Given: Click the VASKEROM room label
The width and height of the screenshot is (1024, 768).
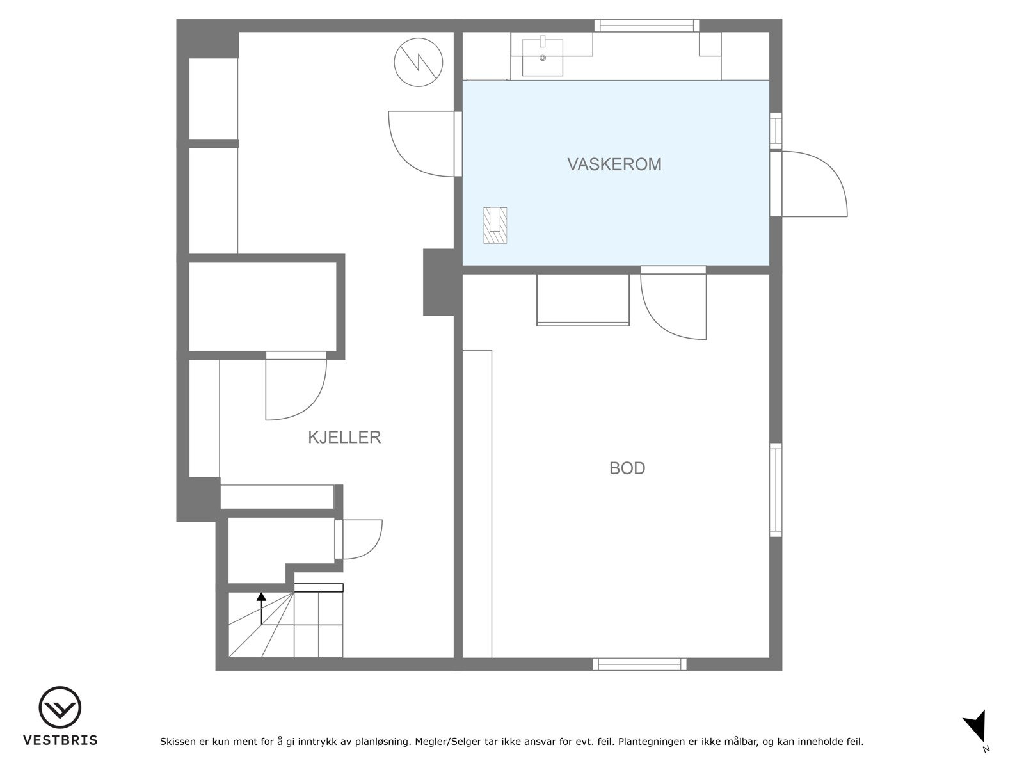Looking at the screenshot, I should tap(614, 164).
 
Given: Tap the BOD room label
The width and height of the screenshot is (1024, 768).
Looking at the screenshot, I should tap(627, 468).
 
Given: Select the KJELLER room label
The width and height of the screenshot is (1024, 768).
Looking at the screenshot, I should tap(344, 437).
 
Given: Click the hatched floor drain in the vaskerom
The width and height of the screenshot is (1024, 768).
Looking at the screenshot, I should tap(495, 225).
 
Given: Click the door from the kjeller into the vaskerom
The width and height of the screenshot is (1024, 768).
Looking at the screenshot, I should tap(422, 144).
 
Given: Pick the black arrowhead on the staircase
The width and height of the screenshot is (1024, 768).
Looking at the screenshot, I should tap(261, 597).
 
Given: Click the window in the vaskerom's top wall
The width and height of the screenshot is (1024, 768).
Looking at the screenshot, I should tap(646, 26).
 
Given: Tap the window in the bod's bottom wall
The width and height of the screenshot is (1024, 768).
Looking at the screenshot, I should tap(639, 664).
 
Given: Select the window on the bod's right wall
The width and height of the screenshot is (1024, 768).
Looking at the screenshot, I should tap(776, 490).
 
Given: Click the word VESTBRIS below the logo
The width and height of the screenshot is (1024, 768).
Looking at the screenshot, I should tap(60, 740).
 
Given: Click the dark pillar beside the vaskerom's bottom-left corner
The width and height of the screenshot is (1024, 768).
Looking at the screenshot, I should tap(439, 282).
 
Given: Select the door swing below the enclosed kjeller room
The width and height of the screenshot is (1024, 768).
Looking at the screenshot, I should tap(294, 387).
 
